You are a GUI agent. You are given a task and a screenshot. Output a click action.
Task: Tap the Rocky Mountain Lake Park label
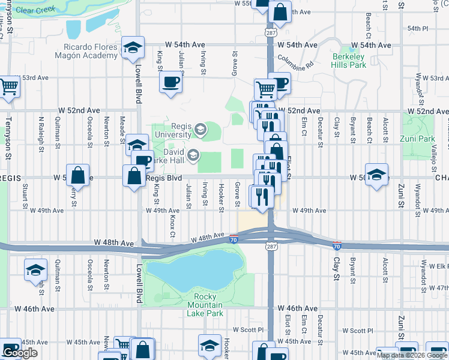(209, 305)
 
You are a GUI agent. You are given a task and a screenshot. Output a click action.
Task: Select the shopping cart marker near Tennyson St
(9, 87)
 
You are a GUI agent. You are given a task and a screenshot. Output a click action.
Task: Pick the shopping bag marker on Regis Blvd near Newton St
(78, 175)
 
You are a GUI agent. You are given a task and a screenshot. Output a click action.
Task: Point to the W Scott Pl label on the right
(358, 330)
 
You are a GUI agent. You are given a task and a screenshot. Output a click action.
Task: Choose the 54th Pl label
(417, 28)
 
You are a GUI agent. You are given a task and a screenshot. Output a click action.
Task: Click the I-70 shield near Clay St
(337, 246)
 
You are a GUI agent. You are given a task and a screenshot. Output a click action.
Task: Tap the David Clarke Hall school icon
(193, 156)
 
